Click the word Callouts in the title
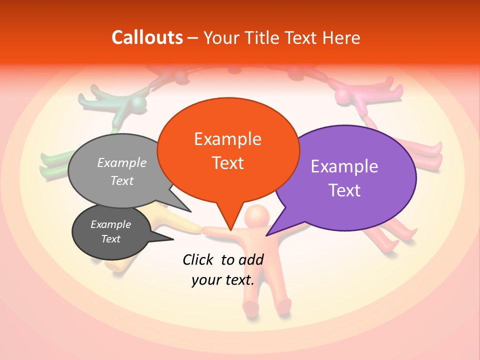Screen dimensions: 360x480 pyautogui.click(x=147, y=37)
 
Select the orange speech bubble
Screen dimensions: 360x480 pyautogui.click(x=228, y=150)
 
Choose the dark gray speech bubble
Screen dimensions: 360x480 pyautogui.click(x=111, y=232)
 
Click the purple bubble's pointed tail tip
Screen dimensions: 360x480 pyautogui.click(x=267, y=235)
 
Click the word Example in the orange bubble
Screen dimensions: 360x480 pyautogui.click(x=227, y=138)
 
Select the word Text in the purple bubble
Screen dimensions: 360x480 pyautogui.click(x=345, y=190)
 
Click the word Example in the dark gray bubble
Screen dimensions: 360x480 pyautogui.click(x=110, y=224)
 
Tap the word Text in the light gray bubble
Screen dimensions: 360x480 pyautogui.click(x=121, y=180)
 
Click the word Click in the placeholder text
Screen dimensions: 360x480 pyautogui.click(x=198, y=259)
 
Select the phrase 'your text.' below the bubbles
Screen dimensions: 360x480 pyautogui.click(x=223, y=280)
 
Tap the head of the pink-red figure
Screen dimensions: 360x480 pyautogui.click(x=345, y=95)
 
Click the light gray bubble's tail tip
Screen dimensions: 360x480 pyautogui.click(x=190, y=211)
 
